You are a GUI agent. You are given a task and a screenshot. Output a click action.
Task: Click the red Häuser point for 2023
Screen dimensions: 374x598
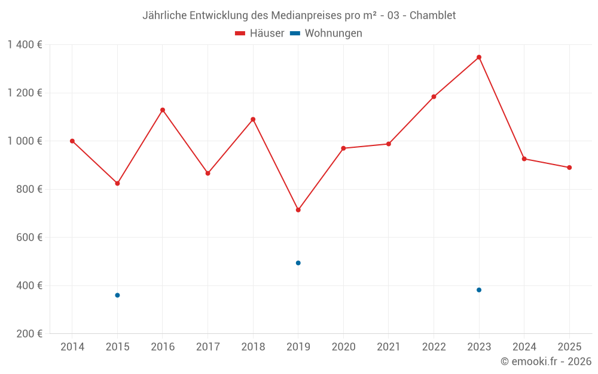[x=479, y=57]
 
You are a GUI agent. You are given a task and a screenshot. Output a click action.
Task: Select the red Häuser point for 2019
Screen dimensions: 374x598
[x=298, y=210]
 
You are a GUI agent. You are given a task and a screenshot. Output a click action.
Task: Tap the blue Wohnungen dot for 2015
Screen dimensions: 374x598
[x=117, y=295]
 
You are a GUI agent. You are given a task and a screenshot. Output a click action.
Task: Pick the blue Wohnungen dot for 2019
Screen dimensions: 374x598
[x=298, y=263]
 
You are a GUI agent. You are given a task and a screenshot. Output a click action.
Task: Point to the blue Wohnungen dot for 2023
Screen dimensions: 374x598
[x=479, y=290]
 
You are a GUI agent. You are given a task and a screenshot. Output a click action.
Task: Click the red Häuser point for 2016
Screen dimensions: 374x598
[x=163, y=110]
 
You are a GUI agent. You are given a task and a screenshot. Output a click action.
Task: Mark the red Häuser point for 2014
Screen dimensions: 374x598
[x=72, y=141]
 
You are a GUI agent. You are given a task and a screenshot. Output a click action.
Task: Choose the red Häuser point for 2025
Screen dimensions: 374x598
[x=569, y=168]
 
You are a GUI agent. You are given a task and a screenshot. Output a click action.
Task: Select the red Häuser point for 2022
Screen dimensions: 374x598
[x=434, y=96]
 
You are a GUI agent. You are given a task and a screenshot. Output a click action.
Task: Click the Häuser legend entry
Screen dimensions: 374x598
[x=260, y=34]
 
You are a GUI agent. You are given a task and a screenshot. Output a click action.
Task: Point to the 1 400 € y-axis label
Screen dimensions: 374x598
[x=25, y=45]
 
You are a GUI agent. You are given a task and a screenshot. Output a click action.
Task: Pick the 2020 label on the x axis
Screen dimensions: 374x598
[x=343, y=347]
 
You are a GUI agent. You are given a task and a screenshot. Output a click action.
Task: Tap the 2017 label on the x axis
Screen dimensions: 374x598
[x=208, y=347]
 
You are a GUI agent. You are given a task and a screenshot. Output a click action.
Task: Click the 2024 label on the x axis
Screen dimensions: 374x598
[x=524, y=347]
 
